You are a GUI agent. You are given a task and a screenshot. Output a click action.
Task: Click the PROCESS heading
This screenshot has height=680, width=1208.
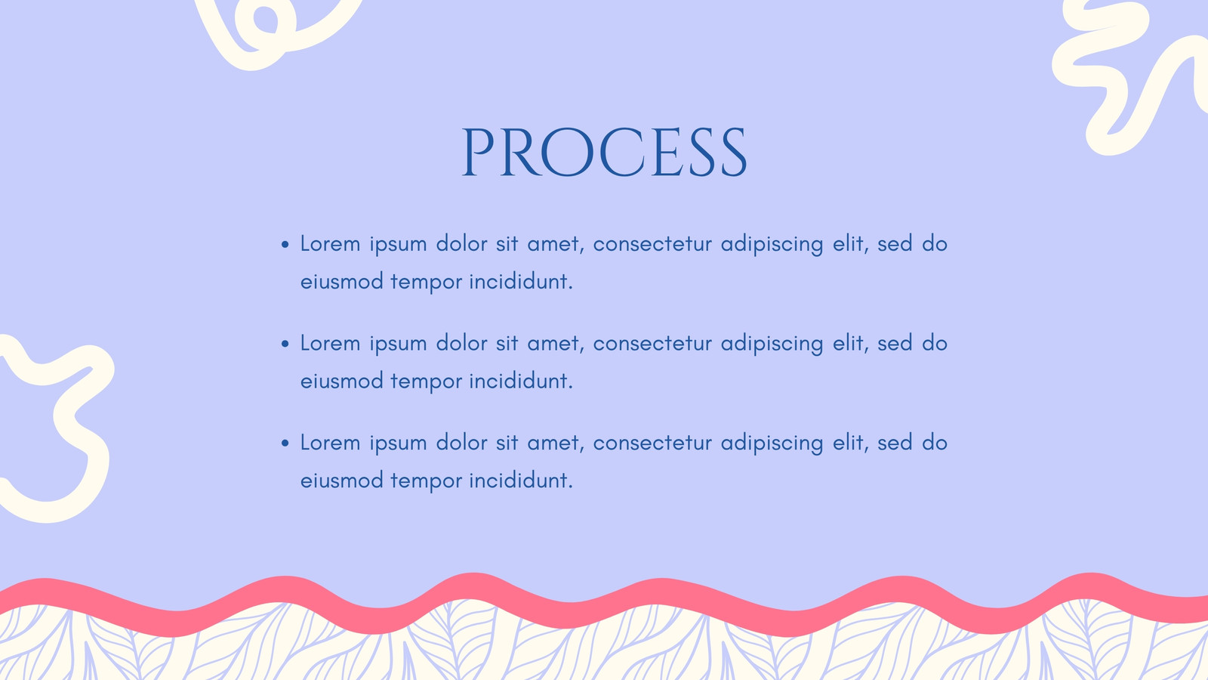[604, 152]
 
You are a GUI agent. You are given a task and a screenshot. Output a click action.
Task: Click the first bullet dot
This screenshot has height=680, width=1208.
[285, 245]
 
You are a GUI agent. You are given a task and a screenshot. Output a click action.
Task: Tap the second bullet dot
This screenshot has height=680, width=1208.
[285, 345]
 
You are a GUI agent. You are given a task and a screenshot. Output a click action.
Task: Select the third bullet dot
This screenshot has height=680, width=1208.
[285, 444]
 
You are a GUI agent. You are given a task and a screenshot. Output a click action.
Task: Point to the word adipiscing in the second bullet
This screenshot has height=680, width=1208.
[772, 345]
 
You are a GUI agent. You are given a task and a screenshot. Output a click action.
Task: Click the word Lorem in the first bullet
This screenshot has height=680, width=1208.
[330, 243]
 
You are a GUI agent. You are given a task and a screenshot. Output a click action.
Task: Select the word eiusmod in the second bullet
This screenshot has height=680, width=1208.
[341, 381]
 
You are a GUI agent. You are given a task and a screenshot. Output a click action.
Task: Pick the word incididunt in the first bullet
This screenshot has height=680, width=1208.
[520, 282]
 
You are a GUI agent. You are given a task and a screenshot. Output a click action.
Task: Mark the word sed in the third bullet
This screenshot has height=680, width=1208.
[895, 443]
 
